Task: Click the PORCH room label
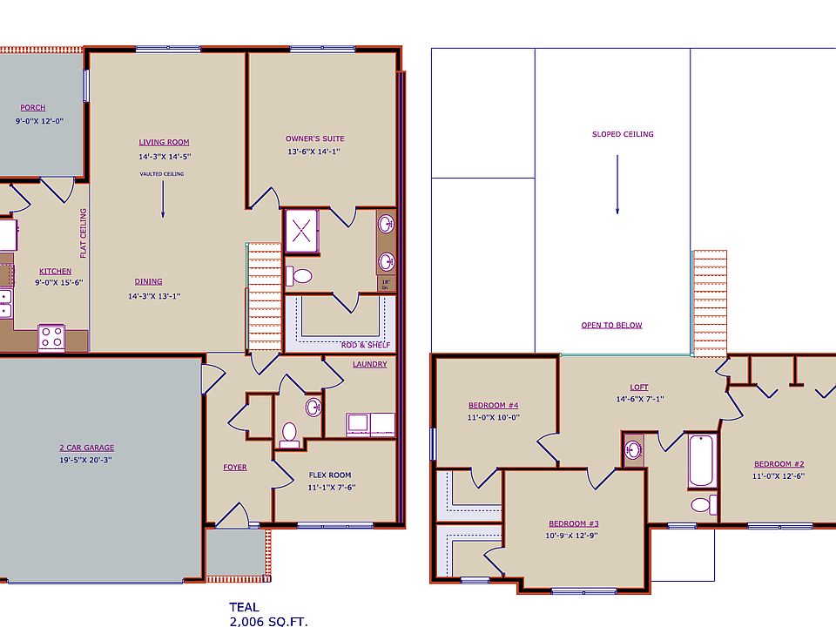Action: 32,108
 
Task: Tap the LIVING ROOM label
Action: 164,142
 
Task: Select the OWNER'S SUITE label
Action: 314,138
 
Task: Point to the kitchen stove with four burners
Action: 51,337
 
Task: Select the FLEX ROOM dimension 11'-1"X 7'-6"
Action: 330,488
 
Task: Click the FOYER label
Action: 234,468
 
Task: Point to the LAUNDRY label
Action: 369,364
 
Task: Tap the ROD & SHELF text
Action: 367,346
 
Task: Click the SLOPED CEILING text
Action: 623,134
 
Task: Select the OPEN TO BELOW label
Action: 611,326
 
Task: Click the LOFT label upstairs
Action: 639,388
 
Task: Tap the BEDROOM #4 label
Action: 493,406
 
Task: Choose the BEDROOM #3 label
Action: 571,522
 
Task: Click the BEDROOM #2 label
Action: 779,464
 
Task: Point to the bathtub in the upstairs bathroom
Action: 701,462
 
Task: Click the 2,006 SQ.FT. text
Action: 268,621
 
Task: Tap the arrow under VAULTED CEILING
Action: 163,201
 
